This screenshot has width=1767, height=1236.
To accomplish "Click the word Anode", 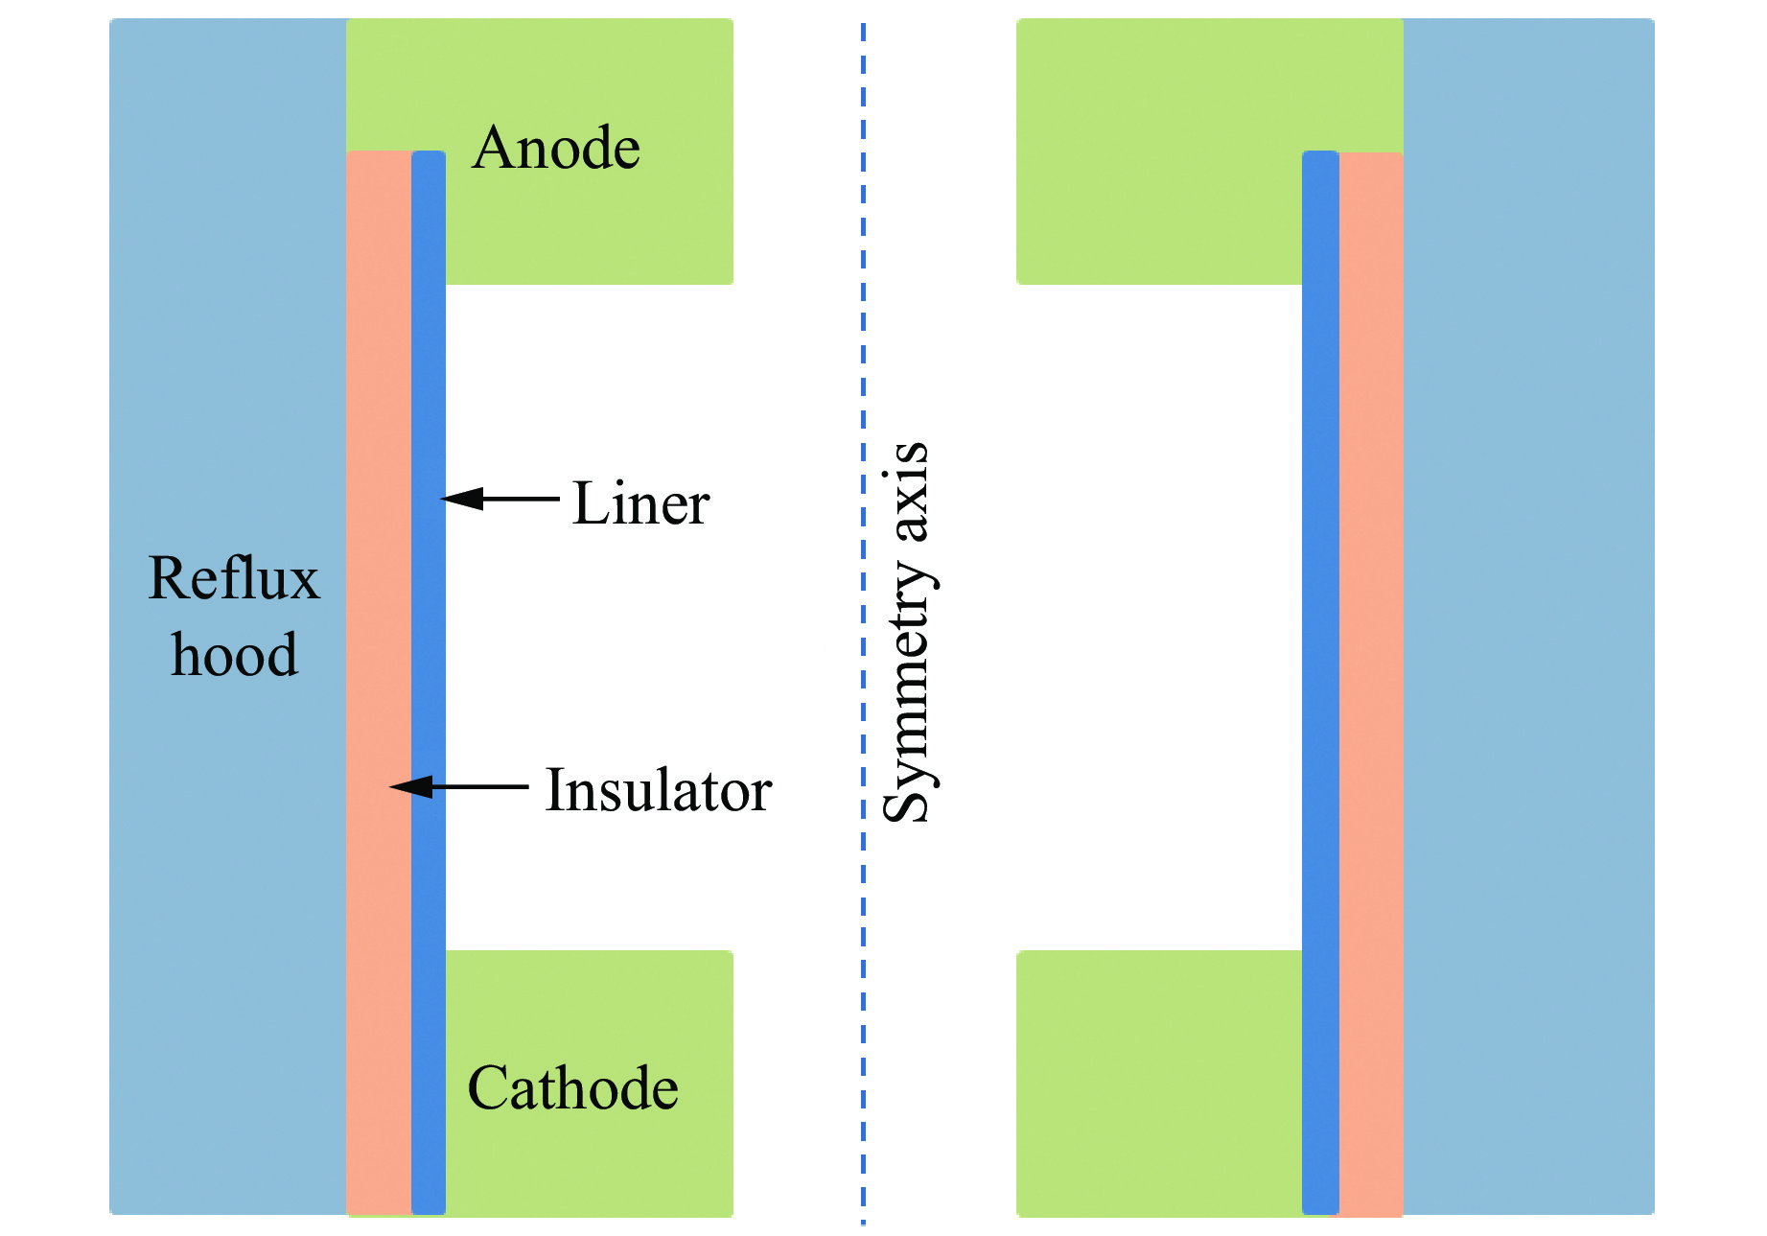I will tap(556, 149).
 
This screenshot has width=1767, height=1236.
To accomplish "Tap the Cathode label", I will tap(572, 1088).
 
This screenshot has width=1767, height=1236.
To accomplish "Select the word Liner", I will tap(640, 503).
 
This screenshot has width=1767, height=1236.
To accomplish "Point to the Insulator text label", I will tap(658, 790).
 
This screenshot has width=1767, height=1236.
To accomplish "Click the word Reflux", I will tap(234, 579).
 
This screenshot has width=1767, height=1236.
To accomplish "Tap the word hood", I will tap(234, 656).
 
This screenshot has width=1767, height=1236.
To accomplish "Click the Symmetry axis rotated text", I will tap(907, 633).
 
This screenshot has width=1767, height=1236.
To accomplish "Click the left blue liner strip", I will tap(429, 623).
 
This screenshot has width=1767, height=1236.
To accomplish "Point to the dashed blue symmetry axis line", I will tap(863, 288).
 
